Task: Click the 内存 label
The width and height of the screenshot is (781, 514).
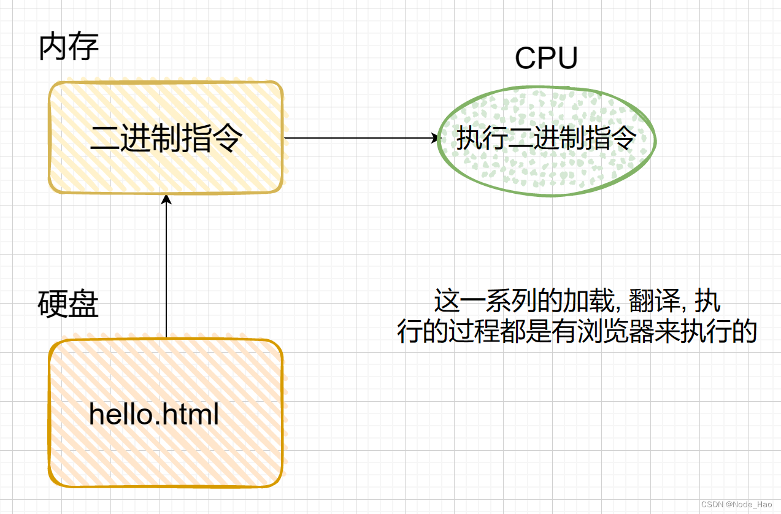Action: [x=69, y=47]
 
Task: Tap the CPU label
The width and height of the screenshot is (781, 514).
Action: [x=546, y=58]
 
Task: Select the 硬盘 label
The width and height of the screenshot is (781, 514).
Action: [x=68, y=304]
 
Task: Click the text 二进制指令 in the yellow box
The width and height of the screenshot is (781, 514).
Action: [x=166, y=138]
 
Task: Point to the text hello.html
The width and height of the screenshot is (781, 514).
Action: [x=154, y=414]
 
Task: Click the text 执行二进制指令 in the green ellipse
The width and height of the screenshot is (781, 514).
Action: [x=547, y=138]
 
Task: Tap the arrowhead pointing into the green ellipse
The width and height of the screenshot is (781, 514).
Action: [x=435, y=138]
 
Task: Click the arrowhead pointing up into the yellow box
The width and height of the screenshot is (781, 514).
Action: [x=166, y=199]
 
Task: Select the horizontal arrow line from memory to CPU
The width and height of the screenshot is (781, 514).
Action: [x=361, y=138]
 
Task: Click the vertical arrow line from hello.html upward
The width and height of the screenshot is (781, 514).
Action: [x=166, y=266]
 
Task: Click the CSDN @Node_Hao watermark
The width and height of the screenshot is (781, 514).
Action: [x=736, y=504]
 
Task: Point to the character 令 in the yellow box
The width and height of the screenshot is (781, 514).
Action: [x=228, y=138]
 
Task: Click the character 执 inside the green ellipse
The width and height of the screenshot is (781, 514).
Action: [x=469, y=138]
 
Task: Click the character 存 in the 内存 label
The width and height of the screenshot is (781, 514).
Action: [x=84, y=47]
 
